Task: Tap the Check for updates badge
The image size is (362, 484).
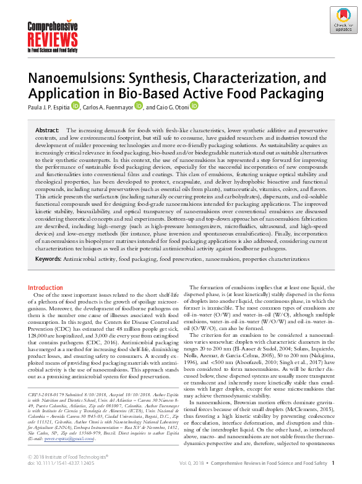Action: pyautogui.click(x=342, y=21)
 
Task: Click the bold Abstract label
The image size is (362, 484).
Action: pyautogui.click(x=47, y=131)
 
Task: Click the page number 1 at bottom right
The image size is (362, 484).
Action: pyautogui.click(x=333, y=479)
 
